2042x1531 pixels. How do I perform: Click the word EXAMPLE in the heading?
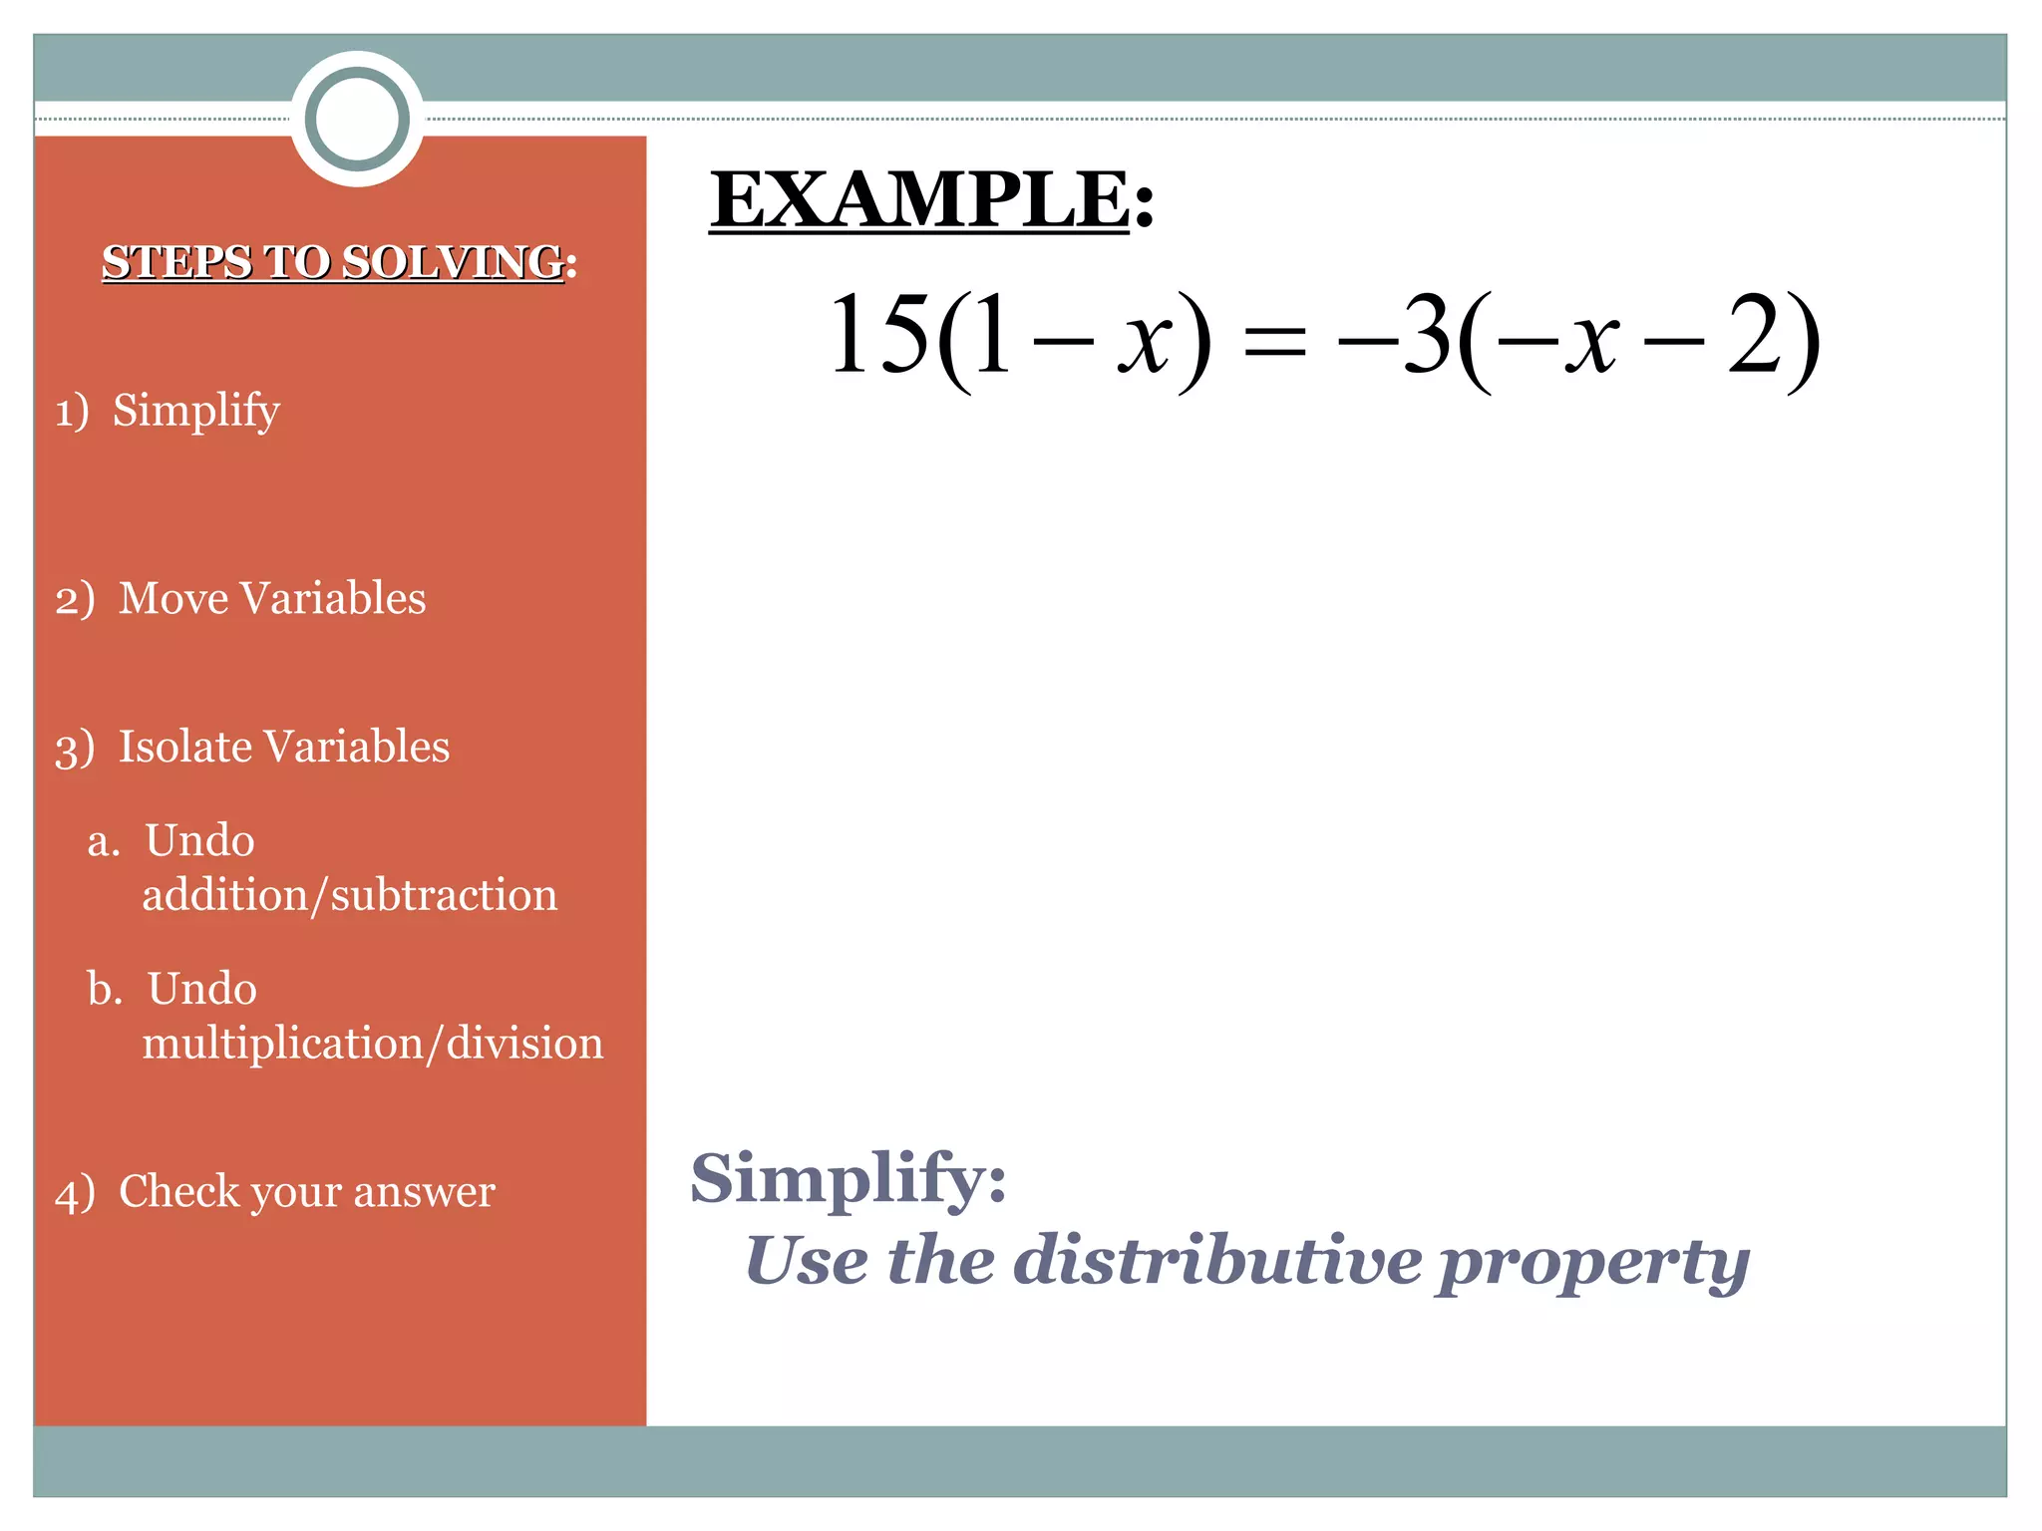tap(919, 199)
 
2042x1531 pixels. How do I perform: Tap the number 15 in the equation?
tap(877, 336)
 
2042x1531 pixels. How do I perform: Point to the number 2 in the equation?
tap(1756, 336)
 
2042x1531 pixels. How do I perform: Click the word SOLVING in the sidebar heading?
tap(454, 262)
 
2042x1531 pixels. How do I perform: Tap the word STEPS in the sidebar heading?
tap(176, 262)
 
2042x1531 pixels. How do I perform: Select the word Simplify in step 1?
tap(195, 412)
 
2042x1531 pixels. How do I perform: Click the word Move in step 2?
tap(173, 598)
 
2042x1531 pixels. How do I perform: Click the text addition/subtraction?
tap(349, 895)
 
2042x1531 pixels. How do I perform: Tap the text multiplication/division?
tap(372, 1044)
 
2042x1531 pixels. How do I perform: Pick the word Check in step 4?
tap(179, 1192)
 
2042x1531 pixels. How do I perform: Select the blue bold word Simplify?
tap(848, 1179)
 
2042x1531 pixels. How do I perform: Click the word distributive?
tap(1217, 1261)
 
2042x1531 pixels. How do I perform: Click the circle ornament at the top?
tap(357, 119)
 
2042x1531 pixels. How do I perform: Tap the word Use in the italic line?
tap(807, 1261)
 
